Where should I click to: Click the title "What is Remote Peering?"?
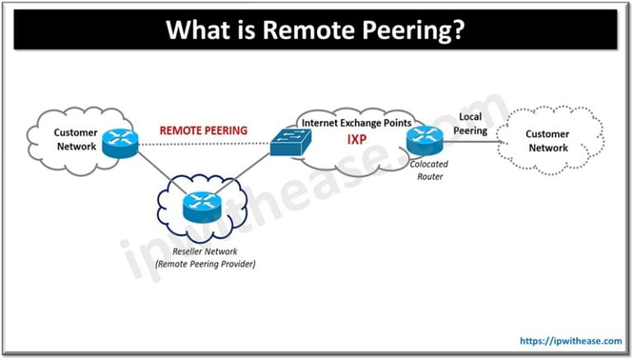(317, 30)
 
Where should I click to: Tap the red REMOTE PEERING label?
(203, 130)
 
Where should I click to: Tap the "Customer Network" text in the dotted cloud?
(548, 140)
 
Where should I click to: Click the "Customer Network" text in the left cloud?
(75, 139)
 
